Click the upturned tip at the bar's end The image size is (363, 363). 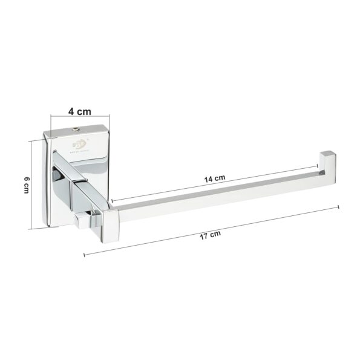pyautogui.click(x=327, y=161)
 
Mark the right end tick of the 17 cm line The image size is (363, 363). pyautogui.click(x=338, y=208)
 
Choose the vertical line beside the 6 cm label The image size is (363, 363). pyautogui.click(x=30, y=185)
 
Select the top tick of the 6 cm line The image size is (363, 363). pyautogui.click(x=30, y=141)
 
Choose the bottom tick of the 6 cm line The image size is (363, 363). pyautogui.click(x=30, y=229)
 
